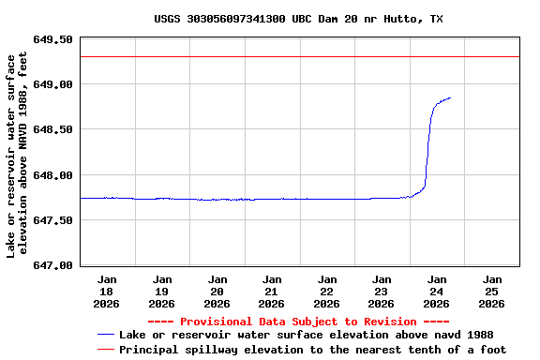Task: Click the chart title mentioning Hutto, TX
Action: (298, 19)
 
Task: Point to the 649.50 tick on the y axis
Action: (52, 40)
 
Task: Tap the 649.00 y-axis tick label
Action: (52, 85)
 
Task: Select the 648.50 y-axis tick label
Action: (52, 130)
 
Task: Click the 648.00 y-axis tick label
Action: (52, 175)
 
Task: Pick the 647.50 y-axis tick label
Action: (52, 220)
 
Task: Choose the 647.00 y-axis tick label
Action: (52, 265)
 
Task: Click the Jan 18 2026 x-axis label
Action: (107, 291)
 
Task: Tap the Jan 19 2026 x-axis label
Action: (162, 291)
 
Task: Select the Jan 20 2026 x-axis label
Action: (217, 291)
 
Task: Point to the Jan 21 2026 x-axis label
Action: (272, 291)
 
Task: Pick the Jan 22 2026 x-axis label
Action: (326, 291)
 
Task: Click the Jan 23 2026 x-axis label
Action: (382, 291)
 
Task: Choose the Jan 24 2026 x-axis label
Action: (436, 291)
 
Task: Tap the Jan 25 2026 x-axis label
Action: (491, 291)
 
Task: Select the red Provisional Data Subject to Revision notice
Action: (299, 322)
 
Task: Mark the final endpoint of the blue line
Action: (451, 97)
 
